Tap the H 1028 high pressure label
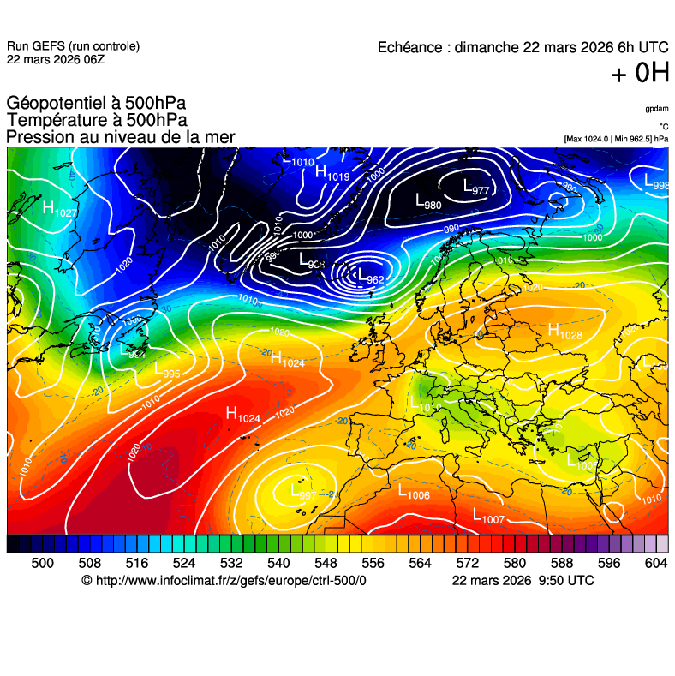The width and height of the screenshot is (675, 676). click(564, 331)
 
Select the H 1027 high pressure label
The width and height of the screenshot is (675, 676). click(59, 209)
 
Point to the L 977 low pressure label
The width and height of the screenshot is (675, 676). click(475, 188)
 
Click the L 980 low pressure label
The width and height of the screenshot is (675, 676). click(427, 203)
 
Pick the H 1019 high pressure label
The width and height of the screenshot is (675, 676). click(332, 174)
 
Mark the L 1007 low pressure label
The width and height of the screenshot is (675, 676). click(488, 517)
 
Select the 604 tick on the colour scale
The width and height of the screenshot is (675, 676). click(655, 562)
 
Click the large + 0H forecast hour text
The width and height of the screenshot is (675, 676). click(639, 74)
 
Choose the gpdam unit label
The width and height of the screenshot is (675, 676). click(656, 109)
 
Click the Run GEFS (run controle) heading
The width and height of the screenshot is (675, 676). click(73, 46)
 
